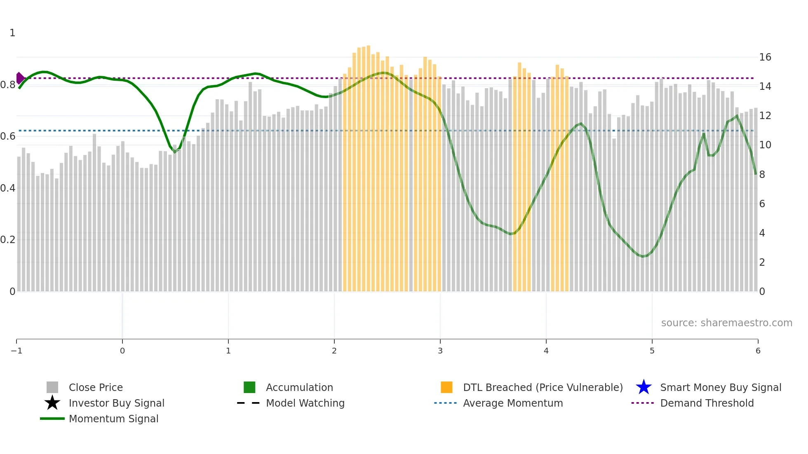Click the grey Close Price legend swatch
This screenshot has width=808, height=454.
point(52,387)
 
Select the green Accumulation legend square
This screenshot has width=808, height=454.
point(249,387)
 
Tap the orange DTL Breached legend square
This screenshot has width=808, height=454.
point(446,387)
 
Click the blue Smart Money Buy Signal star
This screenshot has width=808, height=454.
point(644,387)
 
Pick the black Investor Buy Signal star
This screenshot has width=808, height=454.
point(52,403)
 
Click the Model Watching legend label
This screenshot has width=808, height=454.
point(305,403)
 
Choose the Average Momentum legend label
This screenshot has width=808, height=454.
point(513,403)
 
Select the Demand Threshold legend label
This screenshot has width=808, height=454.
point(707,403)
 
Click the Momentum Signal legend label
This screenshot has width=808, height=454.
point(113,419)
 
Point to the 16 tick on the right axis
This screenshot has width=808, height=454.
point(765,57)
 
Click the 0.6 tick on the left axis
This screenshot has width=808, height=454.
point(8,136)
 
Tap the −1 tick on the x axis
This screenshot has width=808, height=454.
point(16,351)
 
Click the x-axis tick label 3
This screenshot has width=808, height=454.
point(440,351)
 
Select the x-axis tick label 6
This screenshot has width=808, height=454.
point(758,351)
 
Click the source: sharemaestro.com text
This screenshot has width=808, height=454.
point(726,323)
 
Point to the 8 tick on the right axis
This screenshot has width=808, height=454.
point(762,175)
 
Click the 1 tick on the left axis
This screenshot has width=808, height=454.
point(12,33)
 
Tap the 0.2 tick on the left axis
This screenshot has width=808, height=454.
point(8,240)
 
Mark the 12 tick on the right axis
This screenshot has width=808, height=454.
point(765,116)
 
